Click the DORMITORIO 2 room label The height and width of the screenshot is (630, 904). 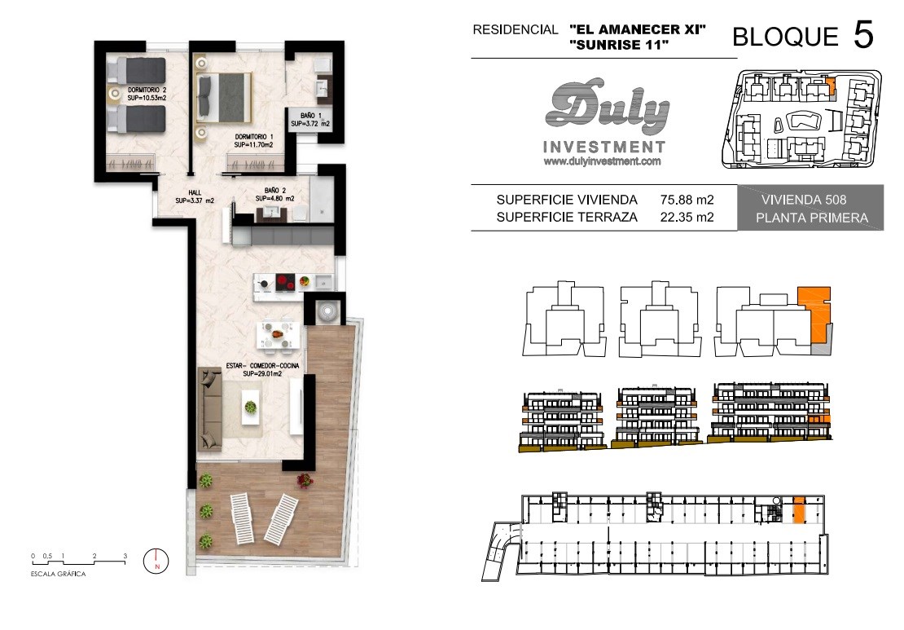[x=147, y=94]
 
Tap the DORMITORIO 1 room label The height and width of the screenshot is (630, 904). [x=253, y=141]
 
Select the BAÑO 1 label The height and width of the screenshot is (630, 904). [x=310, y=120]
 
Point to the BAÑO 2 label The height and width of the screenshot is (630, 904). [x=275, y=194]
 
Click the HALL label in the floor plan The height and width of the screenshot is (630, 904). [x=195, y=196]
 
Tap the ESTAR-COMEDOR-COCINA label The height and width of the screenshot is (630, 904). [x=262, y=370]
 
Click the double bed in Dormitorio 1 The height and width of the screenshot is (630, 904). [x=224, y=97]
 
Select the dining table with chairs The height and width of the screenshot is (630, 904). [x=279, y=335]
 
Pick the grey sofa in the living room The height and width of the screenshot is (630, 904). [x=210, y=409]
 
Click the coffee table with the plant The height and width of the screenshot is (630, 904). [x=250, y=406]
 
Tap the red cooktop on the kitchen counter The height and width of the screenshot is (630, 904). [x=285, y=282]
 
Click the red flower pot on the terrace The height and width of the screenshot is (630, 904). [x=305, y=480]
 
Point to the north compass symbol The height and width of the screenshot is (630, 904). [x=157, y=560]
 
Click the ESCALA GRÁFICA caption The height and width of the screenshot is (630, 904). [x=58, y=574]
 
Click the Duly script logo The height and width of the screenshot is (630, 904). [x=607, y=108]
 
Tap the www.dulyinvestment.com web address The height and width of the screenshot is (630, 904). [x=602, y=161]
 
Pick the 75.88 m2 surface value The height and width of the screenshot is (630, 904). [x=687, y=200]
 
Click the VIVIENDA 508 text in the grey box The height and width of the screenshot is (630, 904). [x=803, y=200]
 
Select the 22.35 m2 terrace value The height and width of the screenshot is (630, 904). [x=687, y=217]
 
